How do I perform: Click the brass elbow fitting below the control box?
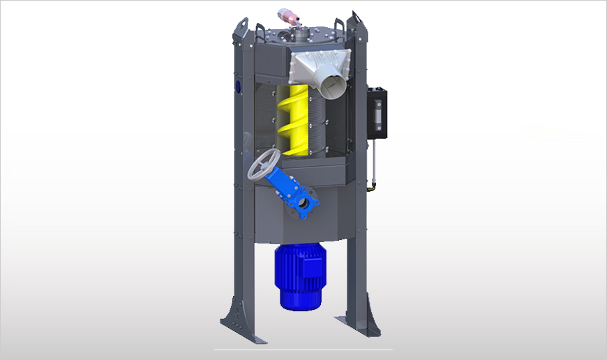373,186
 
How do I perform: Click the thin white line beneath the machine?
303,349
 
